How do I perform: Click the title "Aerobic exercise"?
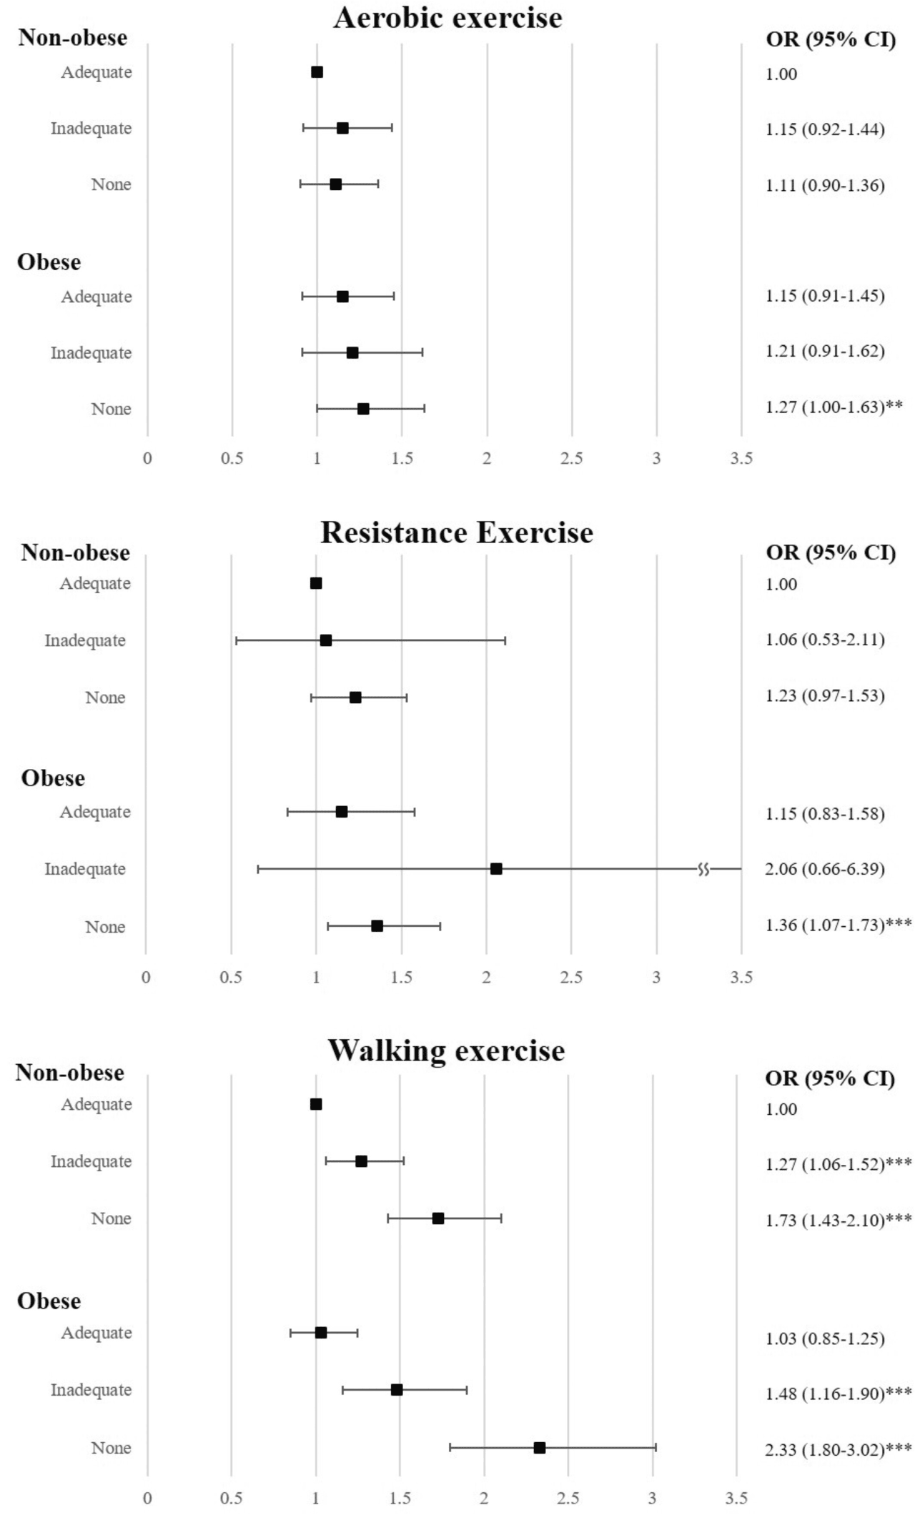447,18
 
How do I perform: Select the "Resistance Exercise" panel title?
457,533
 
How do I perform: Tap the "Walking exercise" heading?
446,1050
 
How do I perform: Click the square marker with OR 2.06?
496,869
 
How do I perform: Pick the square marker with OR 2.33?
540,1448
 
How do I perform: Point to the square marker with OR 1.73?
438,1218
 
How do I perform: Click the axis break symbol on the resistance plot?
703,869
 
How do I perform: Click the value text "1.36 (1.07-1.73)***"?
839,925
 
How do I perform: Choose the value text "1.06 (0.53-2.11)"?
825,640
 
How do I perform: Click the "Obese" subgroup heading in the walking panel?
49,1301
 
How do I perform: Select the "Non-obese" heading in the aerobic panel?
72,37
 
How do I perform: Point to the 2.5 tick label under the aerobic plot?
572,459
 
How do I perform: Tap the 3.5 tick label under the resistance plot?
741,978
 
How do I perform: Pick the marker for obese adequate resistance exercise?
342,812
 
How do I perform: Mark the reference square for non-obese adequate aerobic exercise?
317,72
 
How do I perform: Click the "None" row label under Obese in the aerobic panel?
111,409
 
